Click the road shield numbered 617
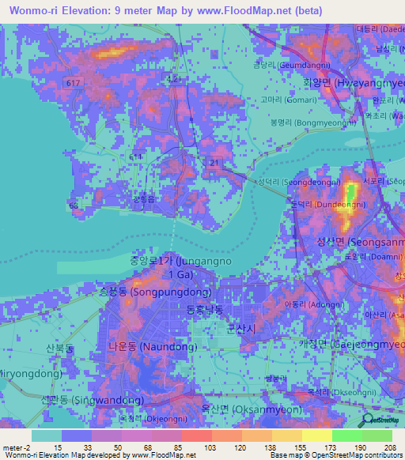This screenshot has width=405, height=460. click(x=74, y=83)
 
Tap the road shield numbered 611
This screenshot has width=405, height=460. click(x=136, y=158)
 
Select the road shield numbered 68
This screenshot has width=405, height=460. click(x=74, y=205)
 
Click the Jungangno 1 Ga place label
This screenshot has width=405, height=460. click(x=172, y=267)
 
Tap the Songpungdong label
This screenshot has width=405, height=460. click(x=143, y=292)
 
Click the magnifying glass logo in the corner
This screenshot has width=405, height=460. click(x=366, y=420)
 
